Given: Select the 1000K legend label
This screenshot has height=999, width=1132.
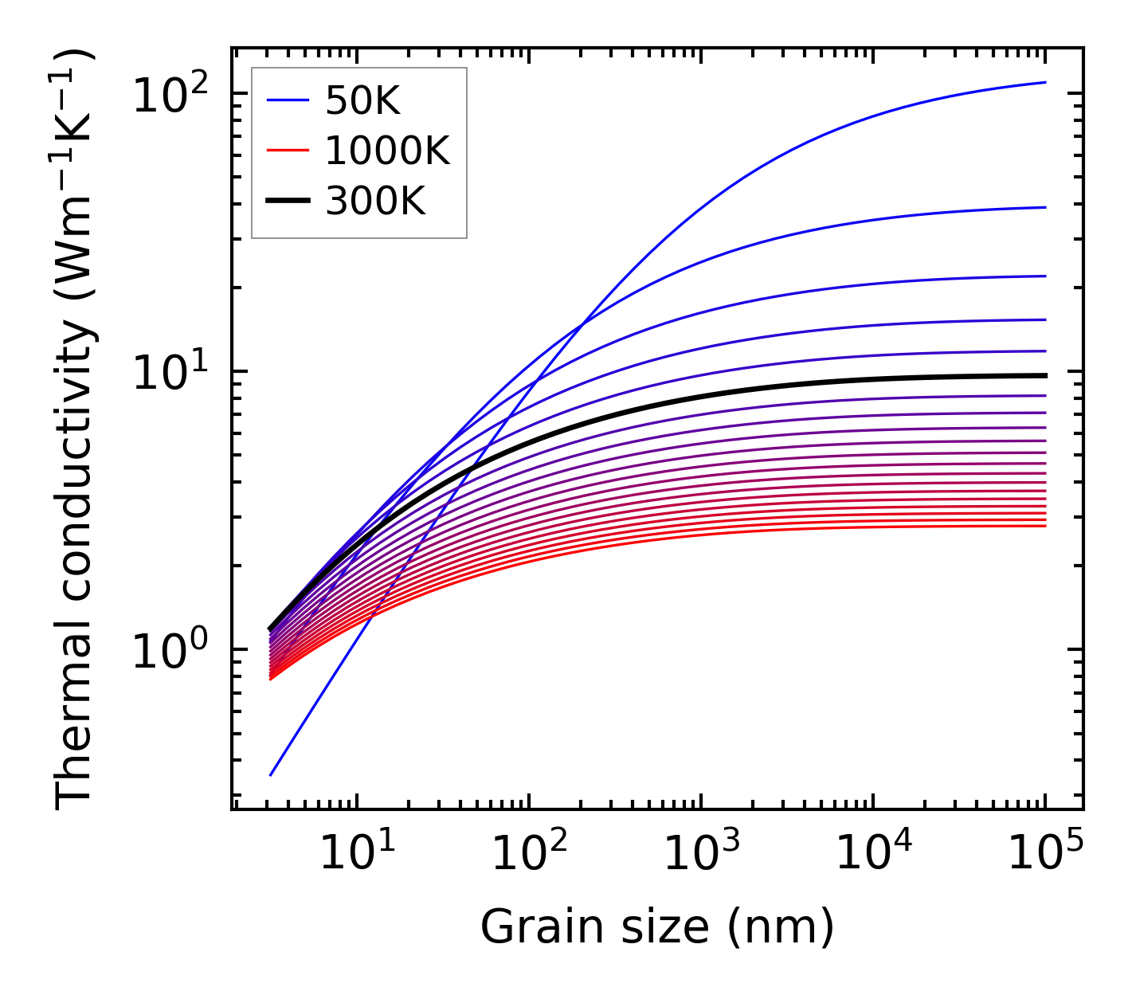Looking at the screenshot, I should [387, 151].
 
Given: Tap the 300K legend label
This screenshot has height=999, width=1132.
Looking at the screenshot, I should [375, 202].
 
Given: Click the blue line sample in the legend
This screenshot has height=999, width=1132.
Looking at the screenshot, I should [287, 100].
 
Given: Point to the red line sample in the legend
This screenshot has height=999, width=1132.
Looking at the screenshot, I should [287, 151].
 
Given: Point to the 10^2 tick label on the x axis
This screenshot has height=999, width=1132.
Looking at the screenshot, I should [528, 854].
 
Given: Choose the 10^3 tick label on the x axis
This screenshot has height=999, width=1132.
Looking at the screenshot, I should [700, 854].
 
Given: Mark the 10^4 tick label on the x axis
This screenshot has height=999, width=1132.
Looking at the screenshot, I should [872, 854].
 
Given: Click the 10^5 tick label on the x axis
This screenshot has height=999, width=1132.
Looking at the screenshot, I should [1044, 854].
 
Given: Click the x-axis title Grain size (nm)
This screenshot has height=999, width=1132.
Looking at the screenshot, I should [656, 927].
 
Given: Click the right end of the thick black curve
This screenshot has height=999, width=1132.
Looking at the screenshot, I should [1045, 375].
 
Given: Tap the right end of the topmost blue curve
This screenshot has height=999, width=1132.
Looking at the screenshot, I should [1045, 82].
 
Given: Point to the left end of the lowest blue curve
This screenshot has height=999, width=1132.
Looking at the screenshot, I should [271, 775].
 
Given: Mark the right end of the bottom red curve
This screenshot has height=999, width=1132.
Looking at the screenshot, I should [1045, 526].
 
